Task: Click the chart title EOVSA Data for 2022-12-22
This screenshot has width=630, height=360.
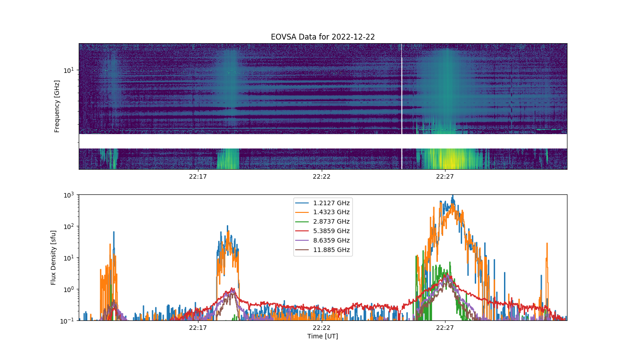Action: pyautogui.click(x=323, y=37)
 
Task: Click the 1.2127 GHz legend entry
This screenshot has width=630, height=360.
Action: pyautogui.click(x=322, y=203)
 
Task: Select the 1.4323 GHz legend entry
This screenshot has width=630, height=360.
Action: pyautogui.click(x=322, y=212)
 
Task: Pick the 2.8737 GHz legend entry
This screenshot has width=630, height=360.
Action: pyautogui.click(x=322, y=221)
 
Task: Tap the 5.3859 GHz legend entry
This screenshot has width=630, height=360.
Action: pyautogui.click(x=322, y=231)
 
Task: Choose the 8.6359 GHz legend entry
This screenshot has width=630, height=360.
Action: pyautogui.click(x=322, y=240)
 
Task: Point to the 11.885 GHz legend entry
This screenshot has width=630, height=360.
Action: pyautogui.click(x=322, y=250)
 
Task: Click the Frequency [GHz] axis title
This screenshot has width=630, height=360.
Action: pyautogui.click(x=57, y=106)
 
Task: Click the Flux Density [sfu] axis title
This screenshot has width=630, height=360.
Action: pyautogui.click(x=53, y=257)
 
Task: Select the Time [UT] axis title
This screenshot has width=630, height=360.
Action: pyautogui.click(x=323, y=336)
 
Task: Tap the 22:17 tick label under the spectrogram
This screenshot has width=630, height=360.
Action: pyautogui.click(x=198, y=176)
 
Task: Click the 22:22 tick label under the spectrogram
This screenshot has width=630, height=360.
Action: pyautogui.click(x=321, y=176)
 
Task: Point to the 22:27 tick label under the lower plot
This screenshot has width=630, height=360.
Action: pyautogui.click(x=445, y=328)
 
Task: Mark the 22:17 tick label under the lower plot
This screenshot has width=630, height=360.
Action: pyautogui.click(x=198, y=328)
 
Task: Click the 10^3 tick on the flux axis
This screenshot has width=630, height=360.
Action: pyautogui.click(x=68, y=195)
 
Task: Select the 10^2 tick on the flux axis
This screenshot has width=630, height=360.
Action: pyautogui.click(x=68, y=226)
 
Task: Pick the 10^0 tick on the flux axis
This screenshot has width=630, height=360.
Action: pyautogui.click(x=68, y=289)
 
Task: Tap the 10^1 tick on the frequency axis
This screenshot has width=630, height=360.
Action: pyautogui.click(x=68, y=70)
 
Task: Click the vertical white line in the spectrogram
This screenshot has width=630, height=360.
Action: pyautogui.click(x=401, y=106)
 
